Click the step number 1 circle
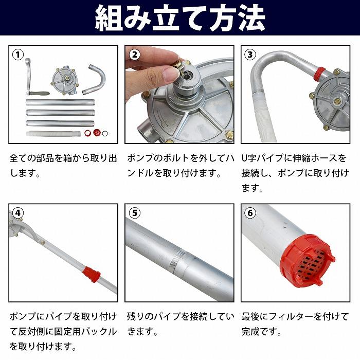(18, 54)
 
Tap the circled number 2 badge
(135, 54)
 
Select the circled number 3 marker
(250, 54)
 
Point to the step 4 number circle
(18, 212)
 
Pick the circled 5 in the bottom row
(135, 212)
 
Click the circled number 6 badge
(250, 212)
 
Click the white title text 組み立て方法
(179, 18)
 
